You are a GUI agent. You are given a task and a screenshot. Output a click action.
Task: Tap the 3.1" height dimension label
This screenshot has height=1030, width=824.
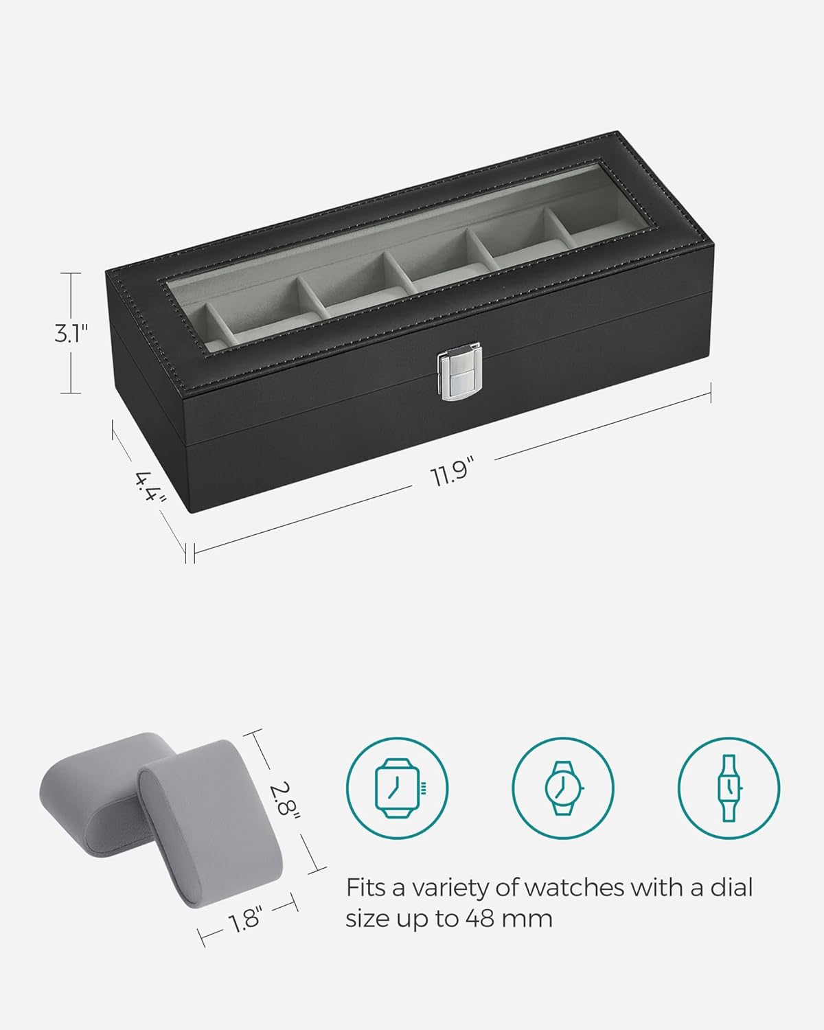coord(71,333)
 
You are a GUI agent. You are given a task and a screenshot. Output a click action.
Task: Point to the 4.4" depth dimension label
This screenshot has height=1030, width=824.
coord(150,487)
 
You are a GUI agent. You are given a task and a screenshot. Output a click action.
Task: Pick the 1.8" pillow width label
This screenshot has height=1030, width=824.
coord(245,919)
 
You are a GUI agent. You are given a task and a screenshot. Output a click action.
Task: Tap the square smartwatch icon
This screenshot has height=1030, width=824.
coord(398,788)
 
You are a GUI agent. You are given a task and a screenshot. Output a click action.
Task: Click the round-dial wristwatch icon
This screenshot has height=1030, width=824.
coord(562,788)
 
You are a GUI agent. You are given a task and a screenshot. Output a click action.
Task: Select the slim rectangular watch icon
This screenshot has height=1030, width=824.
coord(729,788)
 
